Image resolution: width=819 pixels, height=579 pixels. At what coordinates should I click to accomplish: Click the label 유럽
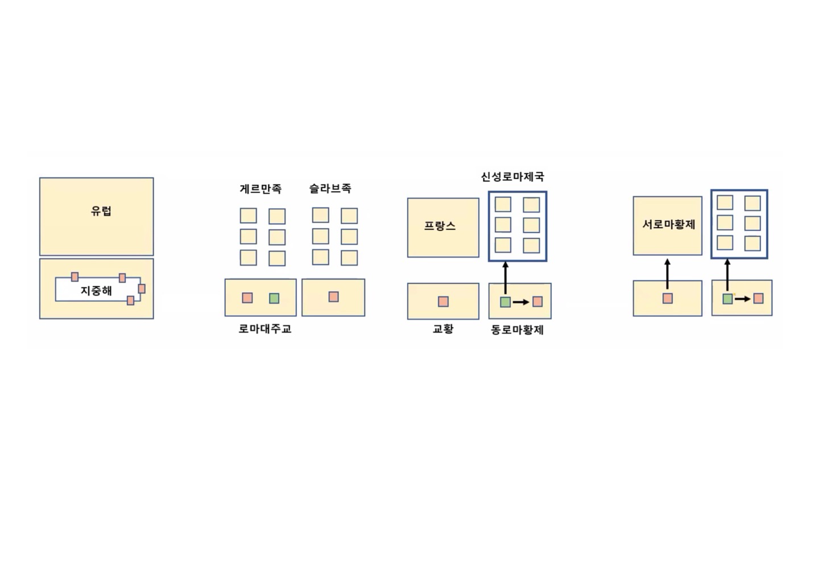coord(101,211)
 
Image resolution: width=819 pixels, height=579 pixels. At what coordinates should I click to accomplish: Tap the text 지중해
coord(96,291)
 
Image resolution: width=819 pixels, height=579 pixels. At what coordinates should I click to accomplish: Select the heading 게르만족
coord(260,189)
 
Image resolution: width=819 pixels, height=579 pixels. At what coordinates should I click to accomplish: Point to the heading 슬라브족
coord(330,188)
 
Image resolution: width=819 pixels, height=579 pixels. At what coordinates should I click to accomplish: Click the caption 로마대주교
coord(265,329)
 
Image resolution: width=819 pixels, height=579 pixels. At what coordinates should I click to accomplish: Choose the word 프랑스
coord(440,226)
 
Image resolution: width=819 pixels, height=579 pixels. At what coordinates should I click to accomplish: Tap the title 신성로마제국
coord(512,176)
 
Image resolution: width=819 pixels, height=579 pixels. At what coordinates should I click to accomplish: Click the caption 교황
coord(443,329)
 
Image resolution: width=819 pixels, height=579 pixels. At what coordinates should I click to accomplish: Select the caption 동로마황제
coord(518,330)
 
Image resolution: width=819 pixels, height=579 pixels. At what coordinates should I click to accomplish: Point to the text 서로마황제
coord(669,224)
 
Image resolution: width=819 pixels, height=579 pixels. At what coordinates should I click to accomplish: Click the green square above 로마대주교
coord(274,298)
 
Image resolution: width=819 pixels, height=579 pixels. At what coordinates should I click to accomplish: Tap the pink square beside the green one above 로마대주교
coord(247,298)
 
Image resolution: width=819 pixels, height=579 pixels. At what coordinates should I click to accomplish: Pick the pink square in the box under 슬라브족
coord(333,297)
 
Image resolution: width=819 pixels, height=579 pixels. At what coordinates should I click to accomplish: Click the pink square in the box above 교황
coord(443,301)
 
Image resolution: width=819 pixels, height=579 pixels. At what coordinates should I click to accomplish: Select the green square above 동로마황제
coord(505,302)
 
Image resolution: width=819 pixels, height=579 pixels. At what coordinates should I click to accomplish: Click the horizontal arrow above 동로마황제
coord(521,302)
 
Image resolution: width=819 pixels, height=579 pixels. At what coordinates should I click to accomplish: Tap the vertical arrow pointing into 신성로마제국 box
coord(505,278)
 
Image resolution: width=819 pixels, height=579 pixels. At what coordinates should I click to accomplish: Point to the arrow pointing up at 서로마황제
coord(667,274)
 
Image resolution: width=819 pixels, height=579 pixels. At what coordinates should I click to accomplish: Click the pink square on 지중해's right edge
coord(142,289)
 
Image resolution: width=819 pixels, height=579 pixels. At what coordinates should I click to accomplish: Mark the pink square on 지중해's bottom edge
coord(131,300)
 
